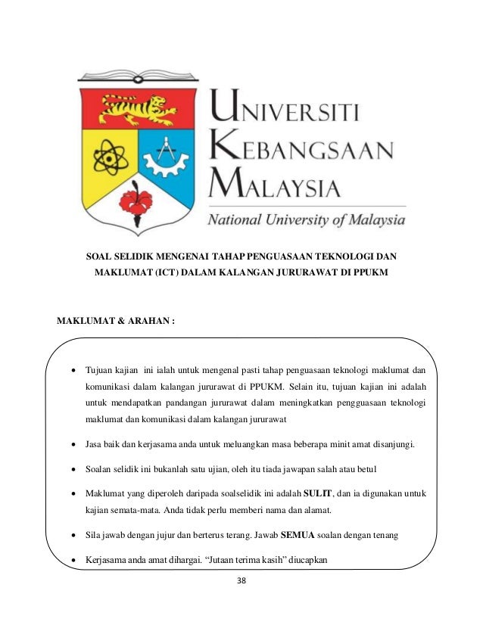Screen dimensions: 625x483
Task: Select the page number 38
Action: [241, 581]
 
